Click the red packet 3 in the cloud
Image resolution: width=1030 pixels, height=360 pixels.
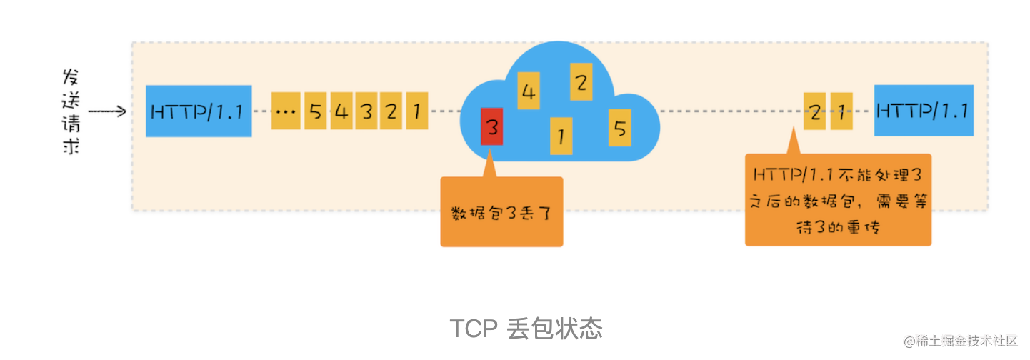click(x=491, y=127)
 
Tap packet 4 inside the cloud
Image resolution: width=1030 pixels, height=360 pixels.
click(x=529, y=91)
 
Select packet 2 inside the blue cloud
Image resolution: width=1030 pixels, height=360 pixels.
click(x=581, y=82)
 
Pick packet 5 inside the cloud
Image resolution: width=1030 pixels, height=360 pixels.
click(x=619, y=128)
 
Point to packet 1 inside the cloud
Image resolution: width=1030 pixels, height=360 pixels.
click(x=561, y=135)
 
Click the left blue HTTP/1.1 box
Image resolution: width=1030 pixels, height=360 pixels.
click(x=199, y=111)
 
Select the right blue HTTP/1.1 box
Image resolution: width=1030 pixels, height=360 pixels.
click(x=923, y=111)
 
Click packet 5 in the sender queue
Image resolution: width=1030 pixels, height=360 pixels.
click(x=316, y=111)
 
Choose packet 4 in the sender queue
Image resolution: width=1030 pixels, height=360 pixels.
click(x=341, y=111)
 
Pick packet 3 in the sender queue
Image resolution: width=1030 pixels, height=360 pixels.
click(x=366, y=111)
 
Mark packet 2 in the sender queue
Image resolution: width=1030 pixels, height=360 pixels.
click(x=391, y=111)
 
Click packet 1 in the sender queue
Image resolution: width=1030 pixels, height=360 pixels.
click(x=416, y=111)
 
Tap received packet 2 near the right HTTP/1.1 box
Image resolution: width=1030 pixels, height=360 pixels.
click(x=815, y=111)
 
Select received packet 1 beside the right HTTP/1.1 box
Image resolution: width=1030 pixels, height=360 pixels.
click(x=841, y=111)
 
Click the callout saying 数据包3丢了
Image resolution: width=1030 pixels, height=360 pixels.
click(x=501, y=212)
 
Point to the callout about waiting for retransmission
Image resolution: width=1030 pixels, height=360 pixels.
click(x=838, y=200)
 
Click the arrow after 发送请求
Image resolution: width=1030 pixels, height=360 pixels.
click(x=107, y=111)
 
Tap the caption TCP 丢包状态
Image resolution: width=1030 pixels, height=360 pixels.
click(x=526, y=329)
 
